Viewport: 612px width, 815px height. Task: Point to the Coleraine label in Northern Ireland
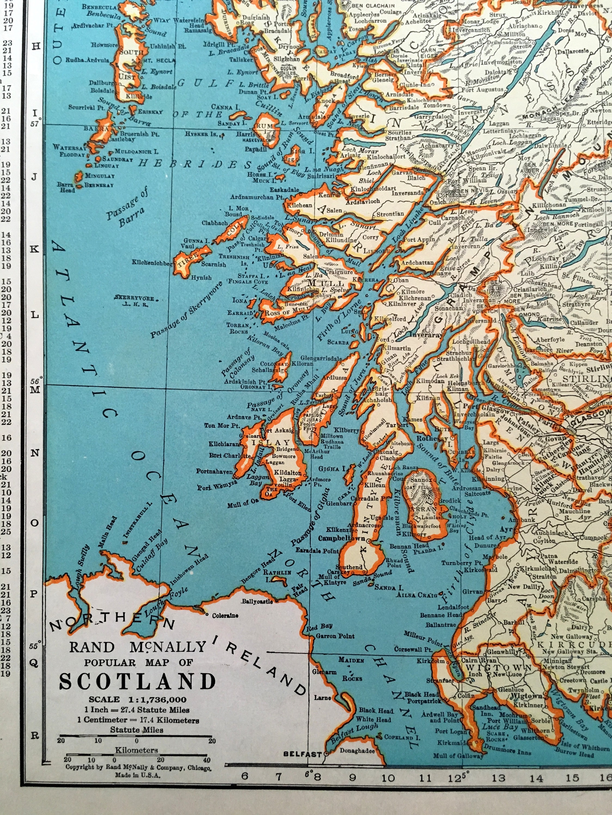tap(225, 615)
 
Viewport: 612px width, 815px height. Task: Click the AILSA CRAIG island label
tap(417, 595)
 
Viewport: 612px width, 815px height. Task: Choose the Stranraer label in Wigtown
tap(440, 681)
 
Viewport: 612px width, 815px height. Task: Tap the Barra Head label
tap(66, 187)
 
